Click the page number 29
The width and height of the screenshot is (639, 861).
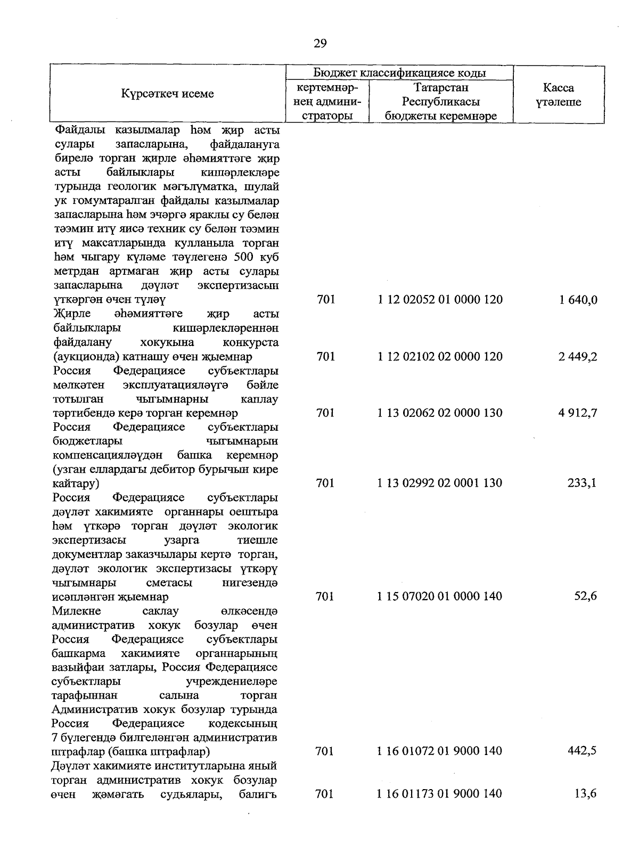[320, 44]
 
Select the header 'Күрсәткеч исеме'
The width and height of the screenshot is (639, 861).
[167, 94]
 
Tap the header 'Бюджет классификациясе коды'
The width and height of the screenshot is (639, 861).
[399, 73]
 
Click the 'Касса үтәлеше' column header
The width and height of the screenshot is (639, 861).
[558, 95]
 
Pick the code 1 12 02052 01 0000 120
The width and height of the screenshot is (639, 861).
[440, 299]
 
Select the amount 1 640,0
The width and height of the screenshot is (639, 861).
[578, 300]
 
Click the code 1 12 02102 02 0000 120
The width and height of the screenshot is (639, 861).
[440, 356]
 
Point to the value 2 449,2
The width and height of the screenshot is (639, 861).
[578, 357]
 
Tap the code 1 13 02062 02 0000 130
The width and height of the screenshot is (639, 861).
[440, 413]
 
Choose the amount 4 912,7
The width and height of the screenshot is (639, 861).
[578, 413]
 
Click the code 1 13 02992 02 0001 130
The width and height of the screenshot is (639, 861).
[440, 483]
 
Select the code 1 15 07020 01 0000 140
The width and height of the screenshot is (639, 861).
[440, 596]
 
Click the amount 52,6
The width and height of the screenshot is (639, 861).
[585, 596]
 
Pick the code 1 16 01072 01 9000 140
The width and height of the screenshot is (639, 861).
[440, 751]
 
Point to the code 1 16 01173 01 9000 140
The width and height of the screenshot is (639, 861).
[440, 794]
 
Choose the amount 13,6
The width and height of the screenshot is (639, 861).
[585, 794]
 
